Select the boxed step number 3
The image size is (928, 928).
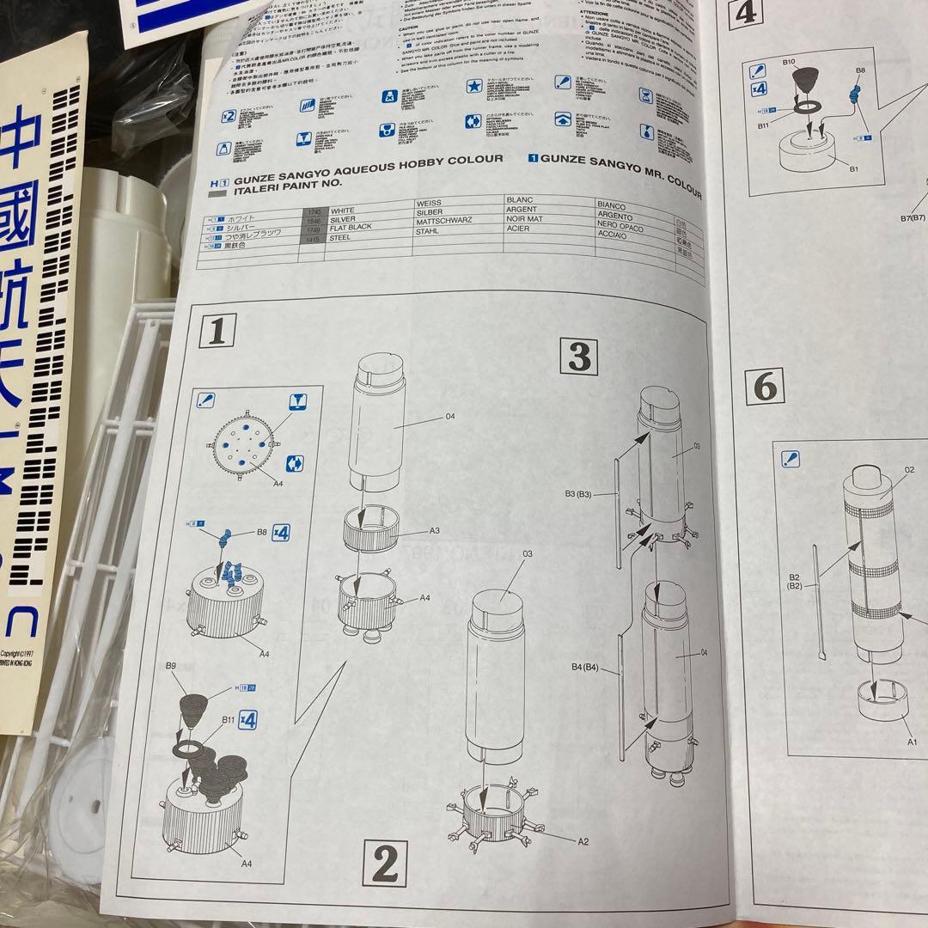click(579, 357)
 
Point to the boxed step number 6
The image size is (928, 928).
click(764, 388)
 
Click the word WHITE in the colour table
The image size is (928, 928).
click(342, 210)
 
